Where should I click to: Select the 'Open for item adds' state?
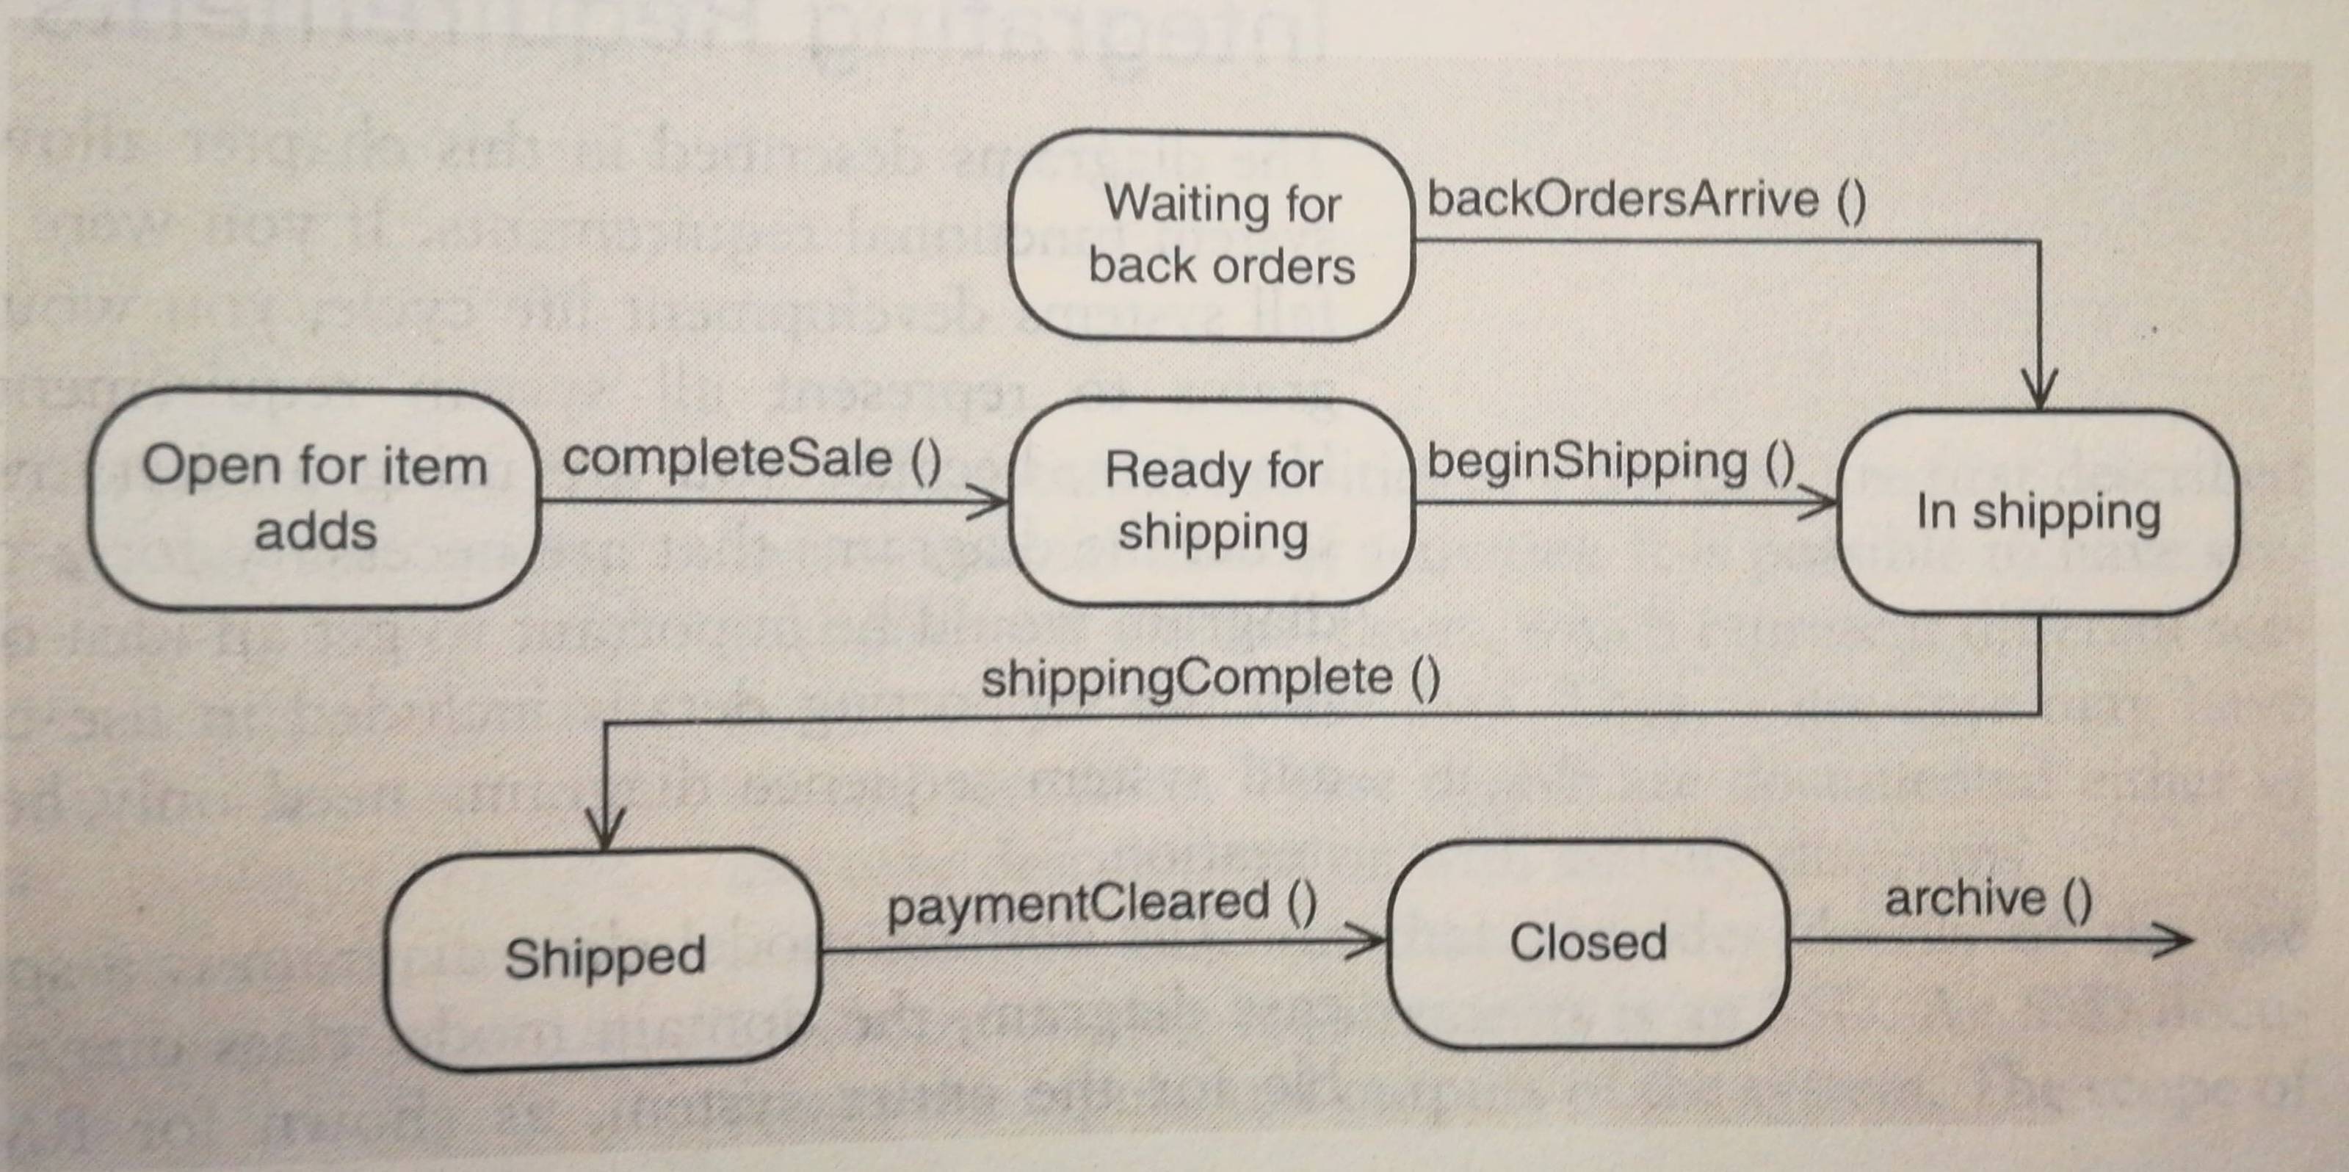click(x=314, y=499)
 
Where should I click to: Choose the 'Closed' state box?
click(x=1588, y=943)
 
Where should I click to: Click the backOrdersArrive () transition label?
click(x=1646, y=200)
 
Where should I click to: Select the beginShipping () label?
click(x=1610, y=461)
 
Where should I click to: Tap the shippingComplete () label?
click(x=1210, y=679)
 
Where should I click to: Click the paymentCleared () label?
click(x=1101, y=903)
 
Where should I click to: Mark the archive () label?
click(x=1988, y=900)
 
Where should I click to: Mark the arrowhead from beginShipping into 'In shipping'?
click(x=1818, y=502)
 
